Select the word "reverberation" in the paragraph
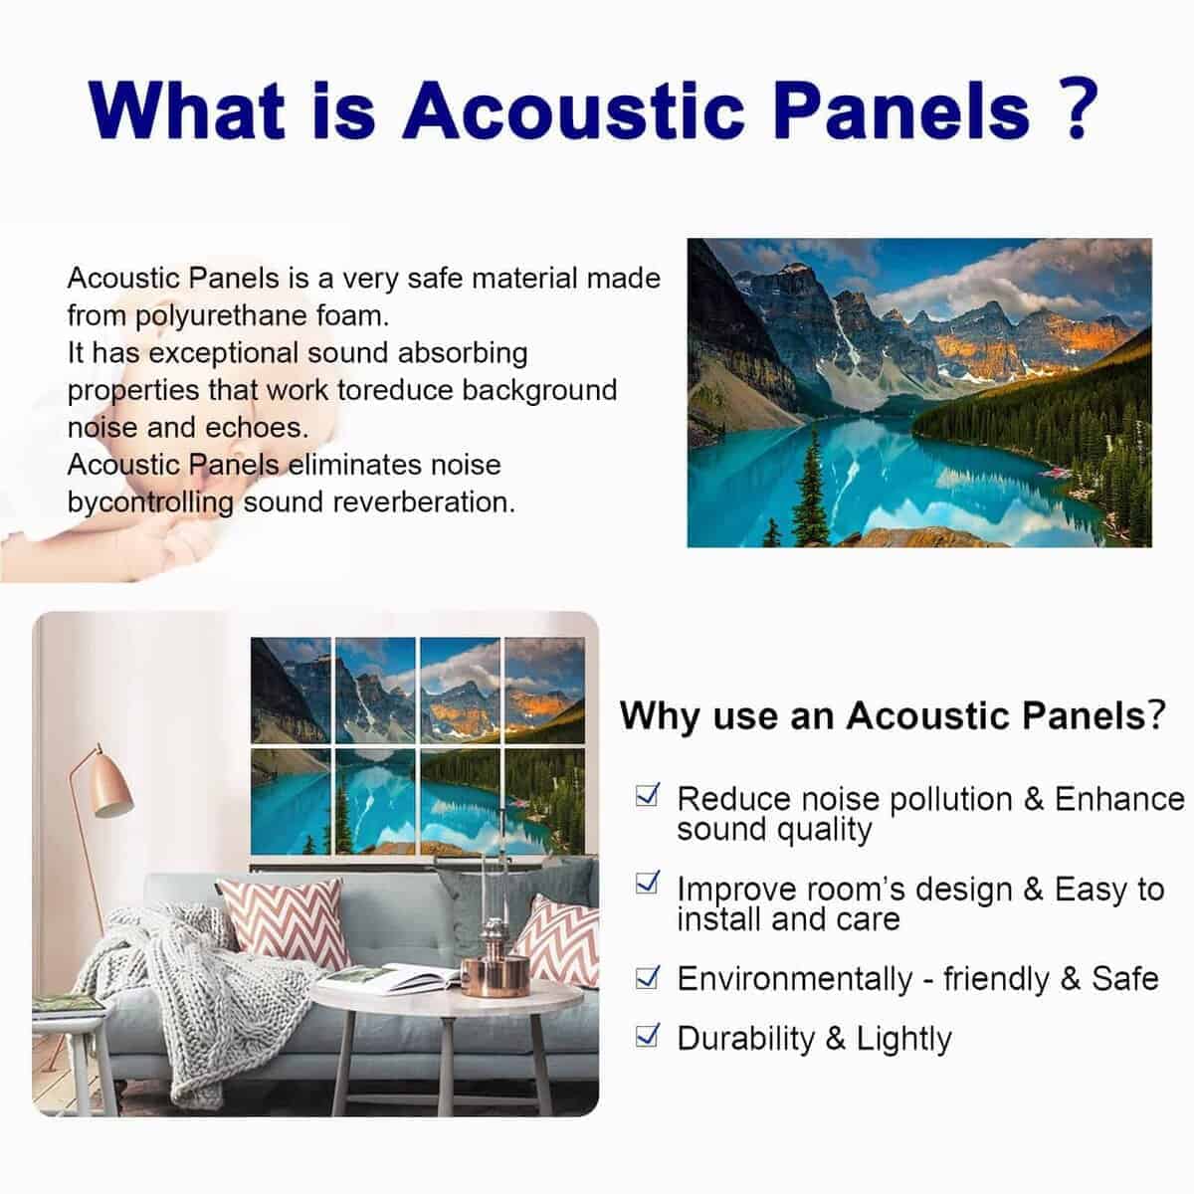point(424,502)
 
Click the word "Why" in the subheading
point(661,716)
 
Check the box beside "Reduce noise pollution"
point(647,794)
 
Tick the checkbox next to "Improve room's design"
point(647,883)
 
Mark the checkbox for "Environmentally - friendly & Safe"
point(647,977)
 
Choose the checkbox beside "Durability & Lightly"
point(647,1035)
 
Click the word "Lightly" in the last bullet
point(904,1040)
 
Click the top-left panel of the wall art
point(291,691)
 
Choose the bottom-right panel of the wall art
point(544,802)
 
